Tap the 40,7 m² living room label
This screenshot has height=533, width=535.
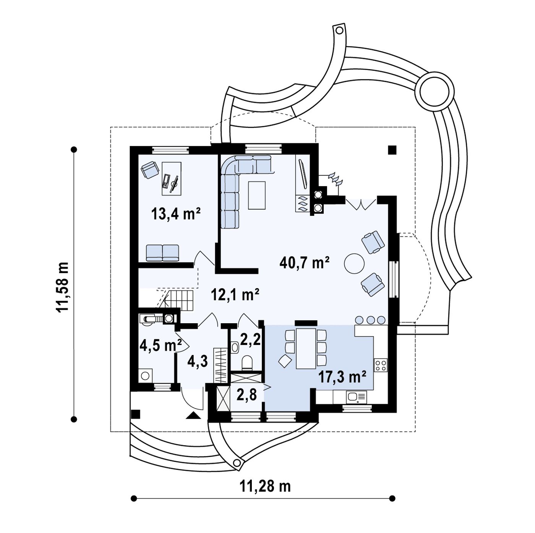tap(304, 262)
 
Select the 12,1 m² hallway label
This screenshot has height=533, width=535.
tap(235, 295)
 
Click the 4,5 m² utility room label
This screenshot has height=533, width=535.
tap(160, 346)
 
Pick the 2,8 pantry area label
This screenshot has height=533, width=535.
tap(246, 395)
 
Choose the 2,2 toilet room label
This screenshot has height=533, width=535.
tap(250, 340)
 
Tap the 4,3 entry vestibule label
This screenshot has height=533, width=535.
tap(198, 362)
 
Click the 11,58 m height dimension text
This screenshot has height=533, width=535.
tap(63, 287)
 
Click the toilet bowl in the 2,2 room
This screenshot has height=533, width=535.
tap(247, 363)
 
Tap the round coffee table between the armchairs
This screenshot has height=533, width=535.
tap(354, 264)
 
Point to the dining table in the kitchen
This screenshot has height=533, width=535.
tap(306, 349)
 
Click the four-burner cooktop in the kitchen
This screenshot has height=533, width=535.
tap(381, 365)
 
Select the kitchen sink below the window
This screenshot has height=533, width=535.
tap(356, 397)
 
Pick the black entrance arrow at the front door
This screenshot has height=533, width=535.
tap(193, 415)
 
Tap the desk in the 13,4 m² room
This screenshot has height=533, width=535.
tap(171, 178)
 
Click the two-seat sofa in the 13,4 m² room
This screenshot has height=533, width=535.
tap(162, 253)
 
